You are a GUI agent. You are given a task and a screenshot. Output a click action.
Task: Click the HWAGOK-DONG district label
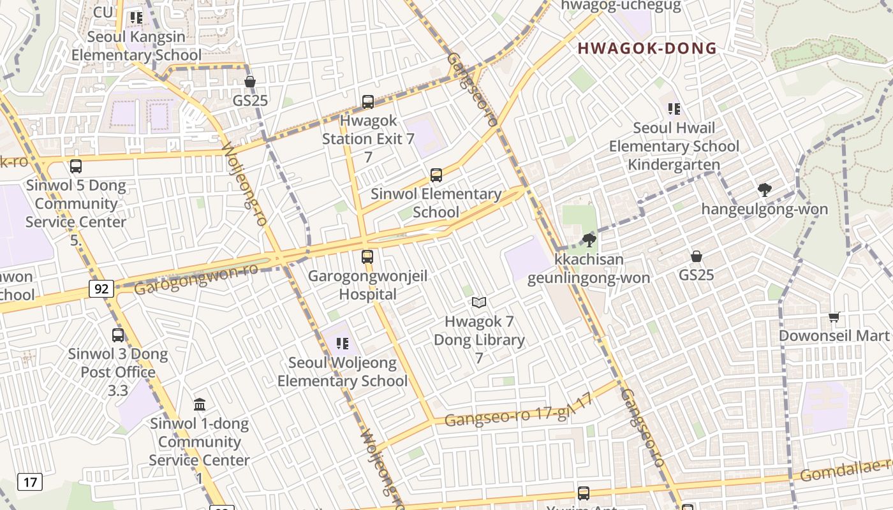pyautogui.click(x=647, y=48)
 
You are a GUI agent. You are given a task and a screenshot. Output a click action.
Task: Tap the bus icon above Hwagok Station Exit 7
pyautogui.click(x=367, y=101)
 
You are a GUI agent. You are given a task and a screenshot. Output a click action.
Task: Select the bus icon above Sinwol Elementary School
pyautogui.click(x=436, y=175)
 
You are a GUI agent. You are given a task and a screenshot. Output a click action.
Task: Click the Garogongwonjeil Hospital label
pyautogui.click(x=367, y=285)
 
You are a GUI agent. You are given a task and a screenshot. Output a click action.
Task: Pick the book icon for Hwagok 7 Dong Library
pyautogui.click(x=478, y=303)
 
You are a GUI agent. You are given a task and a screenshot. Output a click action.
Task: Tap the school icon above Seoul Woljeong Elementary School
pyautogui.click(x=343, y=344)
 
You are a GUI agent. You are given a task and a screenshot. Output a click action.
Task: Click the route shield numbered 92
pyautogui.click(x=101, y=289)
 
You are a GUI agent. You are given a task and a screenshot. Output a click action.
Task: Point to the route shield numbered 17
pyautogui.click(x=30, y=482)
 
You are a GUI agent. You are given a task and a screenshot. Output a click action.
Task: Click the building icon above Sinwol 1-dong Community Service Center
pyautogui.click(x=200, y=404)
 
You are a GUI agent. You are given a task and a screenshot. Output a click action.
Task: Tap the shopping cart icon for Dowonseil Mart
pyautogui.click(x=834, y=317)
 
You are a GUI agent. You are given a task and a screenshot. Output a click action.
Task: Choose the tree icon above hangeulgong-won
pyautogui.click(x=764, y=189)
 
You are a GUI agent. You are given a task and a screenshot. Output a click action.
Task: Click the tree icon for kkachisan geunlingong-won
pyautogui.click(x=589, y=240)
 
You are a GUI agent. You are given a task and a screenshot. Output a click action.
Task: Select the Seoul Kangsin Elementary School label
pyautogui.click(x=136, y=46)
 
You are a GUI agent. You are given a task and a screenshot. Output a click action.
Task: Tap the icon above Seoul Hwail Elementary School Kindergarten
pyautogui.click(x=674, y=109)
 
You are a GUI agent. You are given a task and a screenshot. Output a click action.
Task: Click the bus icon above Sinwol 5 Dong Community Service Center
pyautogui.click(x=76, y=166)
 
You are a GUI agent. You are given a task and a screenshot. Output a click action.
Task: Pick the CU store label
pyautogui.click(x=103, y=12)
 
